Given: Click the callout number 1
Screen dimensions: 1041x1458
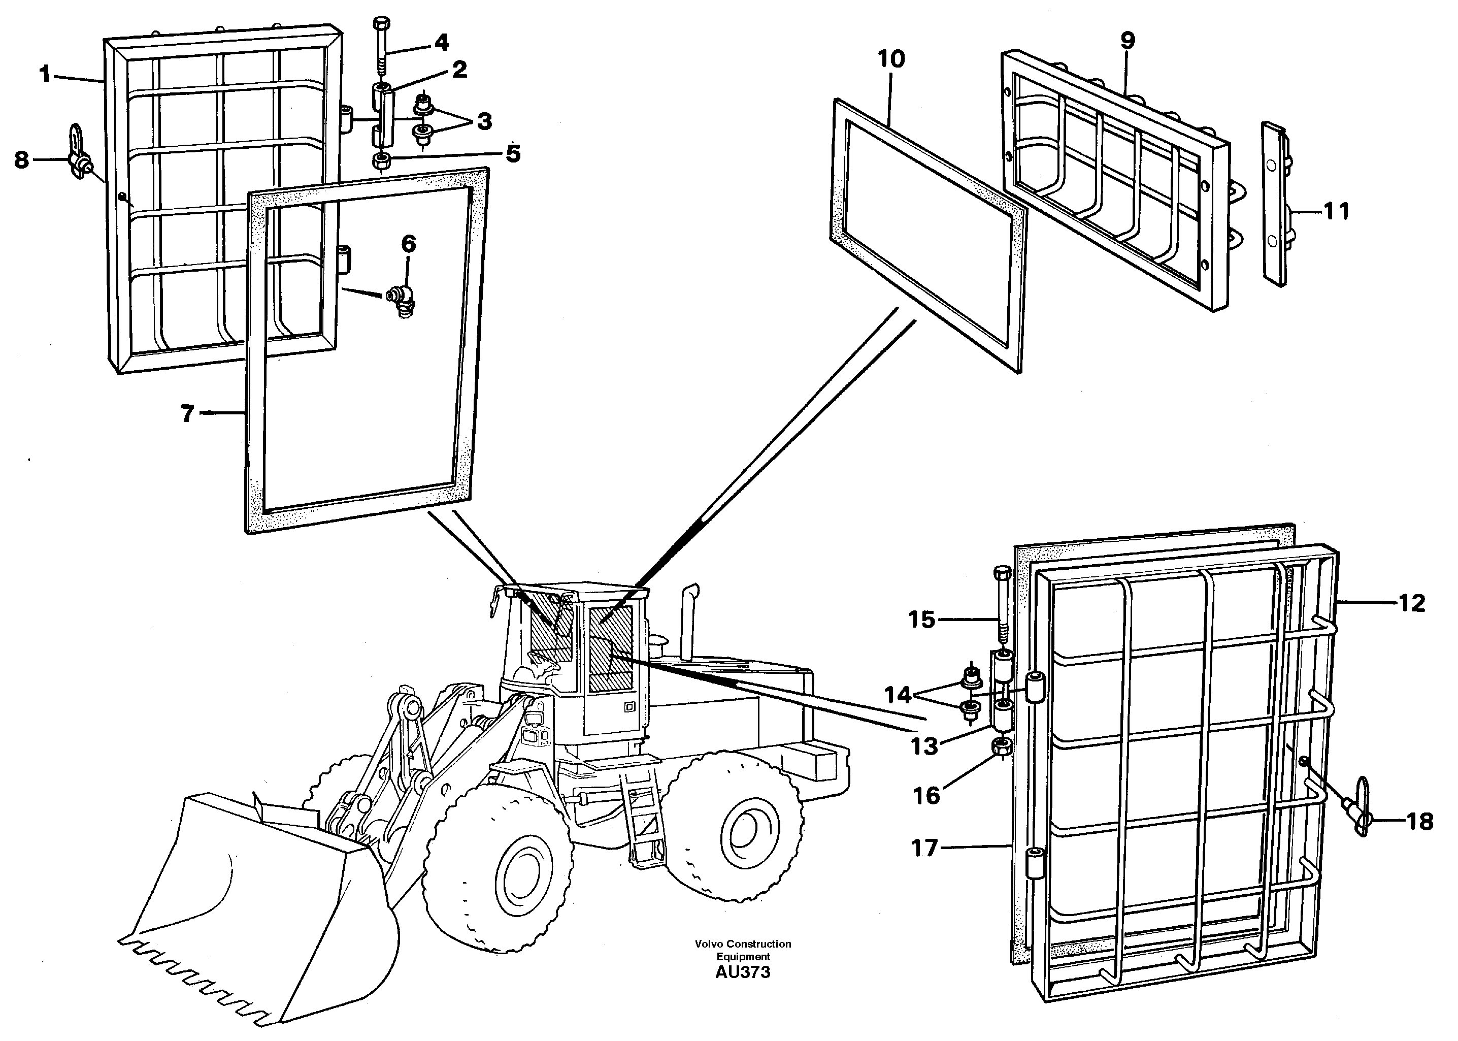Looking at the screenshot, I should (45, 74).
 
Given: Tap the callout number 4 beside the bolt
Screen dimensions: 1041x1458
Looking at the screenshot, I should (442, 43).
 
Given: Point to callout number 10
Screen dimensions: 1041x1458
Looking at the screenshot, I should (891, 59).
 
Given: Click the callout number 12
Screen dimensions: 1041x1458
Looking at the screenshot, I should (1411, 603).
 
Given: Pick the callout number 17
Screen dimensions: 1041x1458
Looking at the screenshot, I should (924, 848).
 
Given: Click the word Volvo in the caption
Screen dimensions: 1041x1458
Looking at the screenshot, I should (708, 944).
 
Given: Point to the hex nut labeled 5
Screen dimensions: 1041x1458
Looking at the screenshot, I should (381, 160).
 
